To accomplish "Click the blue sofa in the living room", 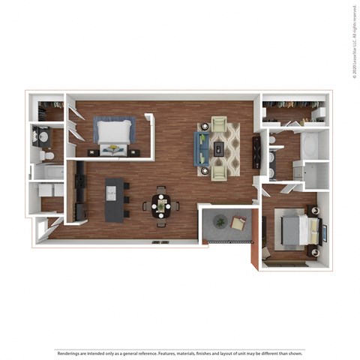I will click(x=202, y=148).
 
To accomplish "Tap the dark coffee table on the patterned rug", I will click(x=219, y=148).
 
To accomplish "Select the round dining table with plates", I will click(x=160, y=203).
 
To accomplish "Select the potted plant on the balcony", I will click(x=220, y=221).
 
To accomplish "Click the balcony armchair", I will click(x=238, y=223).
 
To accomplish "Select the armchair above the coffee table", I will click(x=219, y=124).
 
